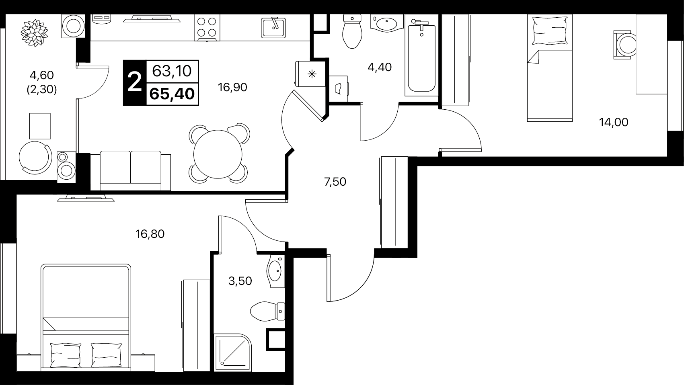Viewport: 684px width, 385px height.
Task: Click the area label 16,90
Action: tap(232, 88)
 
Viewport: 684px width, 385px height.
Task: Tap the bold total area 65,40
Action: tap(172, 94)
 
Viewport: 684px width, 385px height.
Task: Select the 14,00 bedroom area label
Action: tap(614, 122)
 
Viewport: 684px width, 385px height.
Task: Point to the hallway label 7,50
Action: tap(335, 182)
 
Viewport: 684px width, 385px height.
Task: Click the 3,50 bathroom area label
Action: tap(240, 281)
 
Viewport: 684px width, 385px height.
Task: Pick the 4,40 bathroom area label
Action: tap(380, 67)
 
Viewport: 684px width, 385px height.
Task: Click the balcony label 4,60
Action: tap(41, 75)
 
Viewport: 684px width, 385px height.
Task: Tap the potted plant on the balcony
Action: tap(35, 33)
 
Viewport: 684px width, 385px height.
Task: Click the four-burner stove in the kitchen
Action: tap(207, 28)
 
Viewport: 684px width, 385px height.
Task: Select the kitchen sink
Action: tap(273, 27)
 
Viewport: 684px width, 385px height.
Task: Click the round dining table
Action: tap(218, 154)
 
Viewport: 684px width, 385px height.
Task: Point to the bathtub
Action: tap(422, 58)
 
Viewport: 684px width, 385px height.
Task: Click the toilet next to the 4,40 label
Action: tap(352, 31)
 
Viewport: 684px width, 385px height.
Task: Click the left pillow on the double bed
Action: tap(66, 355)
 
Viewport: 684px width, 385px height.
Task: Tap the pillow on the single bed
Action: tap(550, 31)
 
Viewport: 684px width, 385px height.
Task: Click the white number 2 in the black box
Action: tap(135, 82)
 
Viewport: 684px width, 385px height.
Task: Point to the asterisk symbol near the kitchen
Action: tap(312, 74)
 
